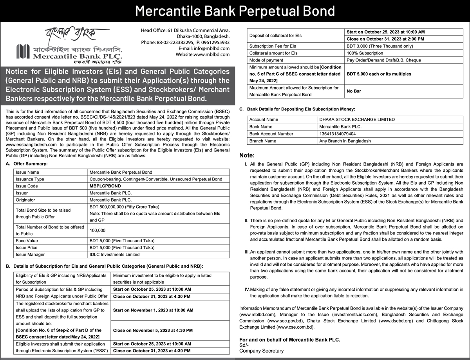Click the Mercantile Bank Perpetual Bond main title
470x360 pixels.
click(235, 11)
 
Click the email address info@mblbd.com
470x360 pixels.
click(210, 49)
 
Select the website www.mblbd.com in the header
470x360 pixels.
click(211, 54)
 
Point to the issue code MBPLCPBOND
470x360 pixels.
click(105, 186)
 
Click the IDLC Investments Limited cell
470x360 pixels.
click(114, 254)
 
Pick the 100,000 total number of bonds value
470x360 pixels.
click(98, 230)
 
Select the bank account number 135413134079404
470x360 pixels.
click(338, 134)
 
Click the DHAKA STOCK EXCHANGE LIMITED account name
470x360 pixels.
click(357, 120)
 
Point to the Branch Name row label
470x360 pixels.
click(262, 141)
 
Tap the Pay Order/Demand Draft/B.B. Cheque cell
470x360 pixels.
click(383, 60)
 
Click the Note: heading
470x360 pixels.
click(247, 155)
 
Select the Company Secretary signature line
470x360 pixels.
click(261, 351)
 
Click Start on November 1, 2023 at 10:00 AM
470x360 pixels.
click(153, 310)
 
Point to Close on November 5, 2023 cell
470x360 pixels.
click(152, 330)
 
